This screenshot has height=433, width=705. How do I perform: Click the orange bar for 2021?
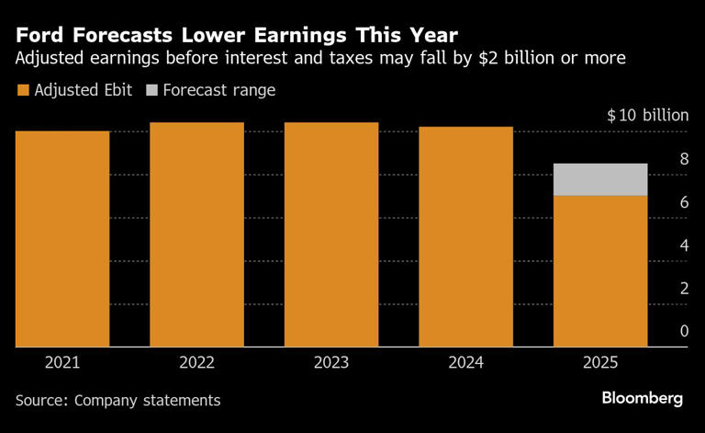(62, 239)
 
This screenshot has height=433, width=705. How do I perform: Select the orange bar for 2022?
(196, 234)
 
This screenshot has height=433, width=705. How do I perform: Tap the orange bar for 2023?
(331, 234)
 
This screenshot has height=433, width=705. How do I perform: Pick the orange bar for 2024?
(465, 236)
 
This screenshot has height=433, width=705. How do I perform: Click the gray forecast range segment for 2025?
(600, 179)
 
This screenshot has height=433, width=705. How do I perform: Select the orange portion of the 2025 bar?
(600, 271)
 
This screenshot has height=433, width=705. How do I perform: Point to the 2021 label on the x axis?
(62, 362)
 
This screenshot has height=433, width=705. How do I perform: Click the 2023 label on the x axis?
(331, 362)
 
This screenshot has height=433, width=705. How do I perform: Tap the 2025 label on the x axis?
(600, 362)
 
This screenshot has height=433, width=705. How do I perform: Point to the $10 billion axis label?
(647, 116)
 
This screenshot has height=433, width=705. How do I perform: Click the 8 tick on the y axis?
(684, 159)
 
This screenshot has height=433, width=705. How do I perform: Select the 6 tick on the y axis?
(684, 202)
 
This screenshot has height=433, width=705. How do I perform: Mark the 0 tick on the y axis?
(684, 331)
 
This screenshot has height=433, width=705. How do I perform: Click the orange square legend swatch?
(22, 90)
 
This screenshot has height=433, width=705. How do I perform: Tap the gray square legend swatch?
(152, 90)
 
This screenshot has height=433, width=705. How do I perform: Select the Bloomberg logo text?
(642, 398)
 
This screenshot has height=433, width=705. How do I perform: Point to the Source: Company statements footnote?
(117, 400)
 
